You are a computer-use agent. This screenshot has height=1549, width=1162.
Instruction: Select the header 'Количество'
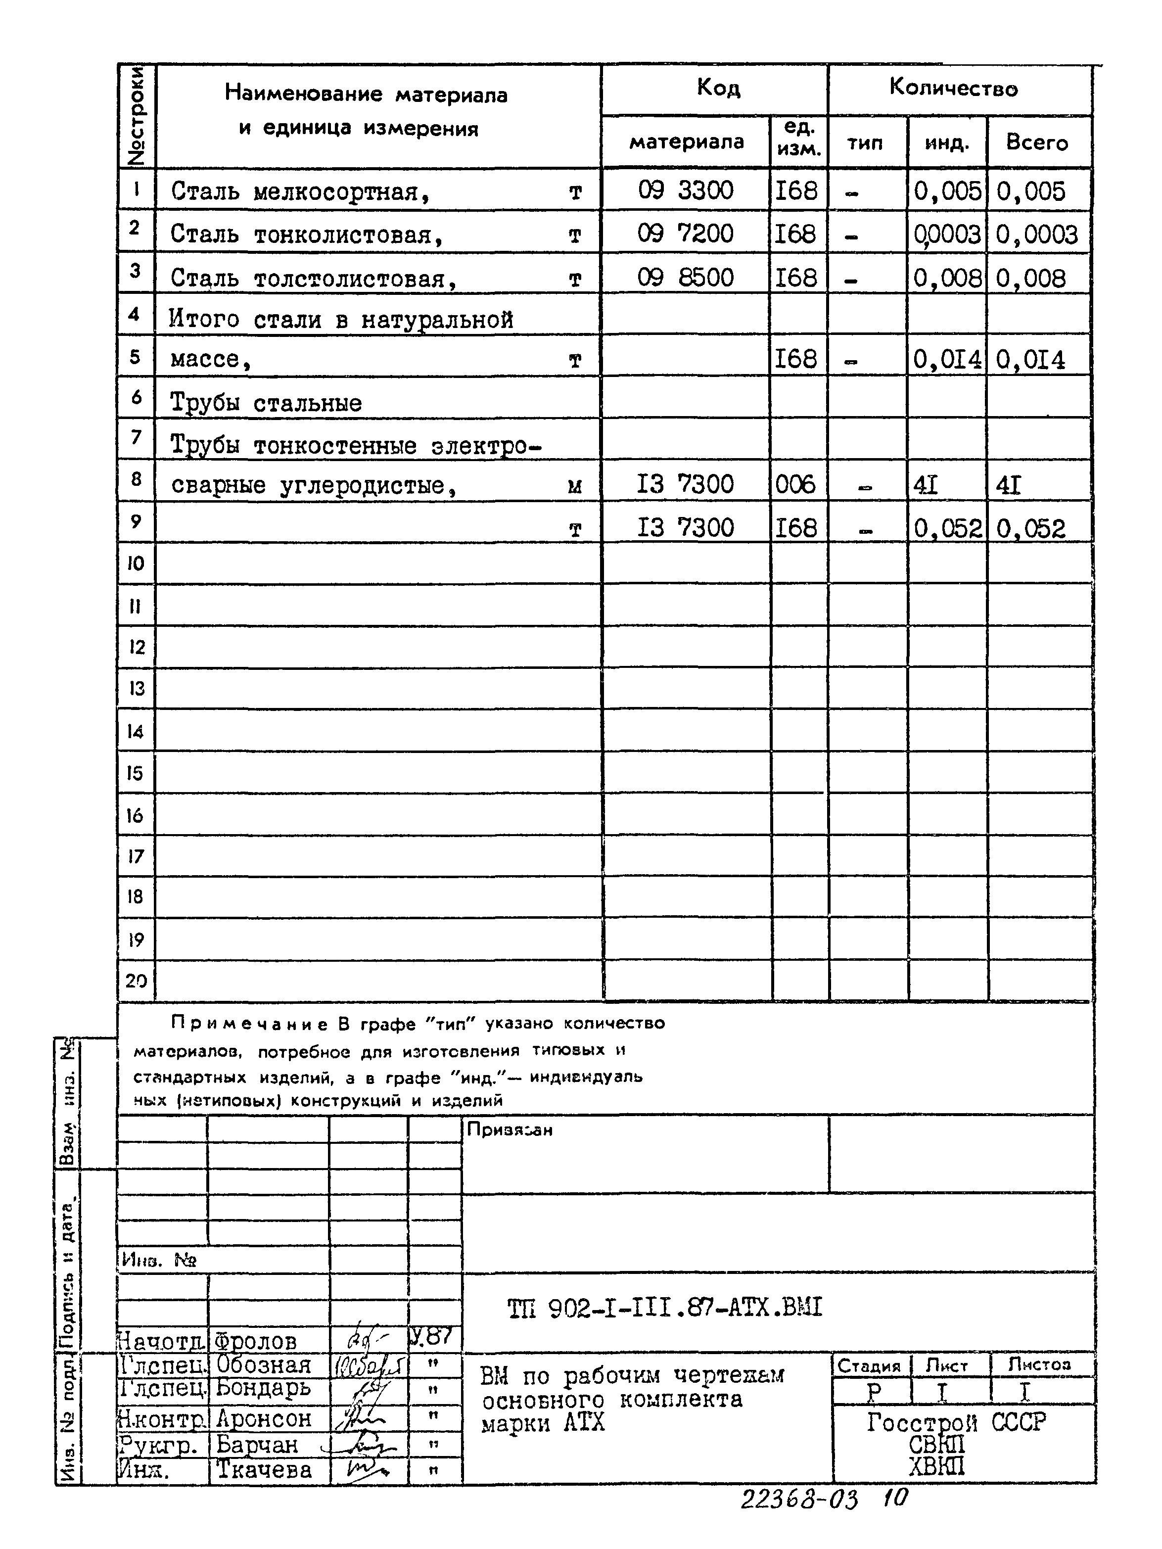(953, 88)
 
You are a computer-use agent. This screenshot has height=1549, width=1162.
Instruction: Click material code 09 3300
(685, 190)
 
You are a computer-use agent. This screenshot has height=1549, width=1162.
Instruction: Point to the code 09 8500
(685, 278)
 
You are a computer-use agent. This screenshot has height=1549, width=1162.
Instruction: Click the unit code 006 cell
(795, 484)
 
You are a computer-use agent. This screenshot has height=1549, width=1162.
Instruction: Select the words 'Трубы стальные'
(266, 403)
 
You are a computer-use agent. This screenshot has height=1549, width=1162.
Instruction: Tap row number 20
(136, 981)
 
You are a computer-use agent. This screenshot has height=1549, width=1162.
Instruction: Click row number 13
(136, 688)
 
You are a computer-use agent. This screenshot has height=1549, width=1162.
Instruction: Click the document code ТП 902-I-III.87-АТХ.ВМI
(664, 1308)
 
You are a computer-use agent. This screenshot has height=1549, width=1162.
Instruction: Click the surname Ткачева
(263, 1469)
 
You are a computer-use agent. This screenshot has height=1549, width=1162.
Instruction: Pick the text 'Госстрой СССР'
(956, 1423)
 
